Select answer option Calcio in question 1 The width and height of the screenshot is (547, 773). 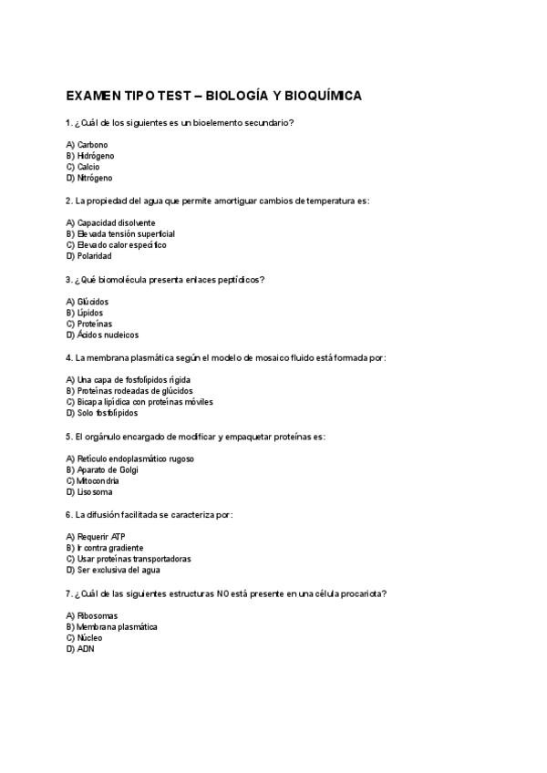tap(88, 167)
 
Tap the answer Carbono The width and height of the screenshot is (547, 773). tap(92, 145)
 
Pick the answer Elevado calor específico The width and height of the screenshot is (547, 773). tap(121, 245)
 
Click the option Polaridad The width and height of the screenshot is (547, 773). tap(94, 256)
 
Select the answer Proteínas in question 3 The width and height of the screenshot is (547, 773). tap(94, 324)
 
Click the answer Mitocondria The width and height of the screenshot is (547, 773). tap(98, 480)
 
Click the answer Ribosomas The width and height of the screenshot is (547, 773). tap(97, 615)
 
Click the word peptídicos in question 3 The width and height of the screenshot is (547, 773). tap(242, 280)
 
